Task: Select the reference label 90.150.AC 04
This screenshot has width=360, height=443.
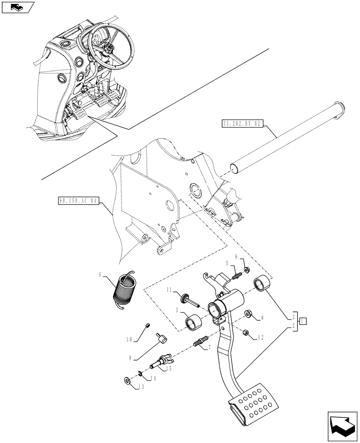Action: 78,201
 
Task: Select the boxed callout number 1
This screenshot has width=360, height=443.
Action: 302,321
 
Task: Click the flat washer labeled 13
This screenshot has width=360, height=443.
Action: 127,380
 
